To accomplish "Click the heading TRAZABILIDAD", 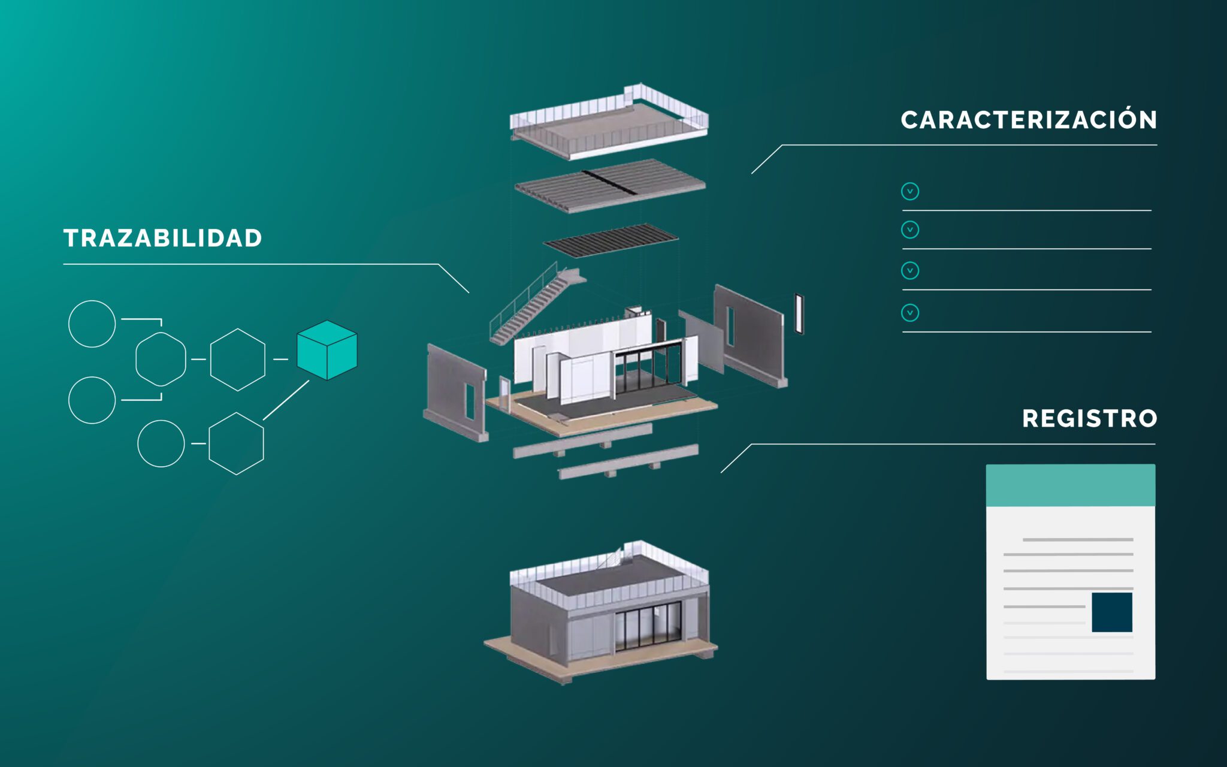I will tap(162, 238).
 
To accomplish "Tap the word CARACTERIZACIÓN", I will tap(1029, 120).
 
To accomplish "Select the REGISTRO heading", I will tap(1089, 418).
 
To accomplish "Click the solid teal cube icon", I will tap(327, 350).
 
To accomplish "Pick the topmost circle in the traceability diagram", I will tap(92, 324).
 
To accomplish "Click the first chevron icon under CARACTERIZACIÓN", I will tap(909, 191).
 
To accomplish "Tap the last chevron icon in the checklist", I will tap(909, 312).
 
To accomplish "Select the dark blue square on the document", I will tap(1111, 612).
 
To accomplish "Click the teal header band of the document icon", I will tap(1070, 485).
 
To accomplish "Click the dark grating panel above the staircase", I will tap(610, 240).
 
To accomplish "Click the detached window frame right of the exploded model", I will tap(799, 313).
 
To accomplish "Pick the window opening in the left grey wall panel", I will tap(470, 400).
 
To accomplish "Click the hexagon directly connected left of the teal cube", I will tap(237, 360).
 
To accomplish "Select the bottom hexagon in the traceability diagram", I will tap(236, 443).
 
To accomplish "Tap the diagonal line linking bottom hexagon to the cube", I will tap(286, 400).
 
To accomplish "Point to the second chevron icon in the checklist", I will tap(909, 230).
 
